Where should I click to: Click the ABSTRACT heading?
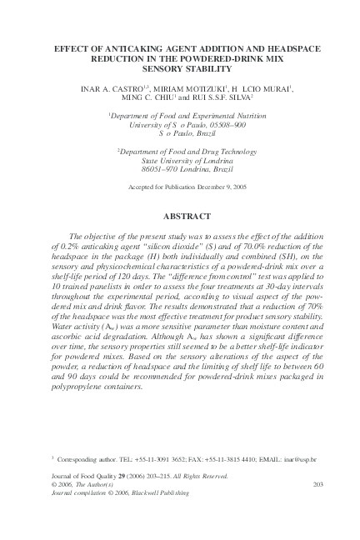[180, 216]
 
